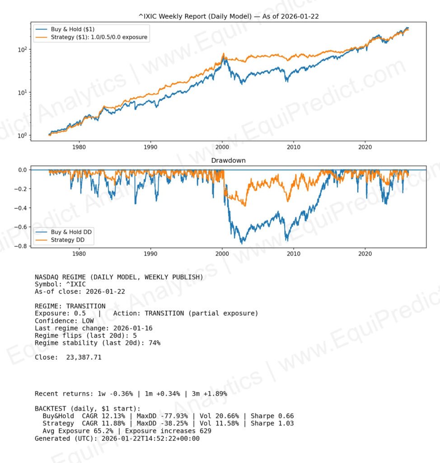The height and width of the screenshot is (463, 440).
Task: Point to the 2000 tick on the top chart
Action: [222, 146]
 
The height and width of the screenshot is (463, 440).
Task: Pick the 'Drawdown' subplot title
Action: [228, 161]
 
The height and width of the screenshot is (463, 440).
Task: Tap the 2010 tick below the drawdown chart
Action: [294, 254]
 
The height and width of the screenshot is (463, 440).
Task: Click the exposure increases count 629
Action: [204, 431]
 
